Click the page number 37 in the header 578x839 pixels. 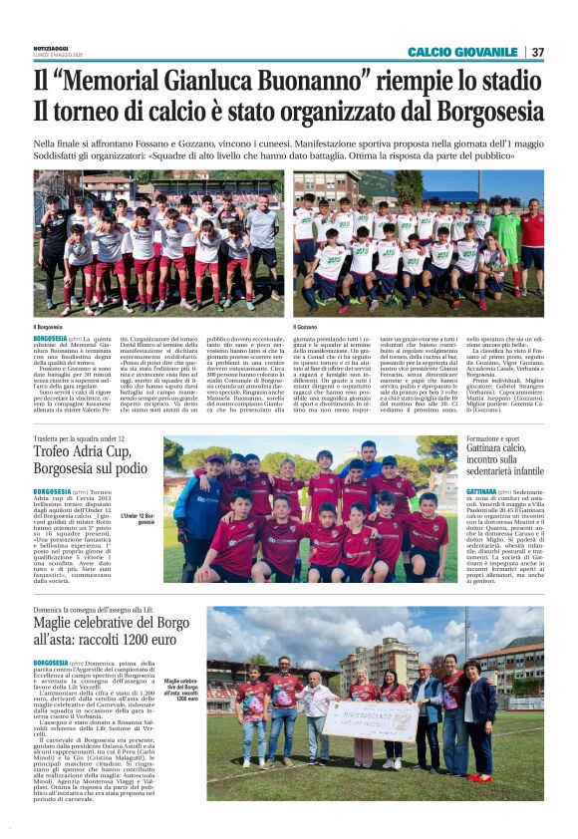(x=537, y=52)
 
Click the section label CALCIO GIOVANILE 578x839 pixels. (x=462, y=52)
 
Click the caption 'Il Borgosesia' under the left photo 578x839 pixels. (x=49, y=326)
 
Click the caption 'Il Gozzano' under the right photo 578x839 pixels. (x=306, y=326)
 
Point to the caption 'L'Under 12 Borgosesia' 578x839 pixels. (x=141, y=517)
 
